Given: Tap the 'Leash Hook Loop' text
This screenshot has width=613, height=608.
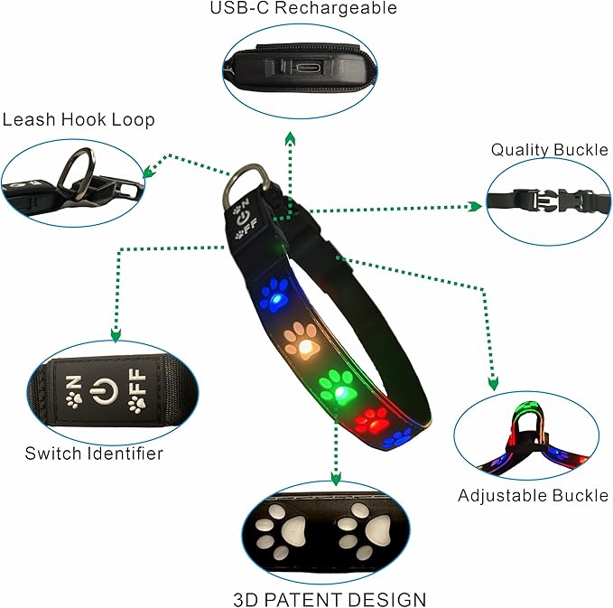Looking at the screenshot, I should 79,119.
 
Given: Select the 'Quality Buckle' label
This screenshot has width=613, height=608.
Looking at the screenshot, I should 549,149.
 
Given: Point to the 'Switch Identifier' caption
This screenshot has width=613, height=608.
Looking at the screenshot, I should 94,453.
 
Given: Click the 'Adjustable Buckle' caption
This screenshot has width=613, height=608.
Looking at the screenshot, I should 533,495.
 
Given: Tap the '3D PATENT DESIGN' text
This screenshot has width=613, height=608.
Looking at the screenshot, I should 330,599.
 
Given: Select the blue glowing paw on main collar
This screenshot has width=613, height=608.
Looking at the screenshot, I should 275,295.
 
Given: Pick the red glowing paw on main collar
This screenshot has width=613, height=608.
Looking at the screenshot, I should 374,418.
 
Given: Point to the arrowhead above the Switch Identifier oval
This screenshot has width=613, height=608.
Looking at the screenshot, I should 116,336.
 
